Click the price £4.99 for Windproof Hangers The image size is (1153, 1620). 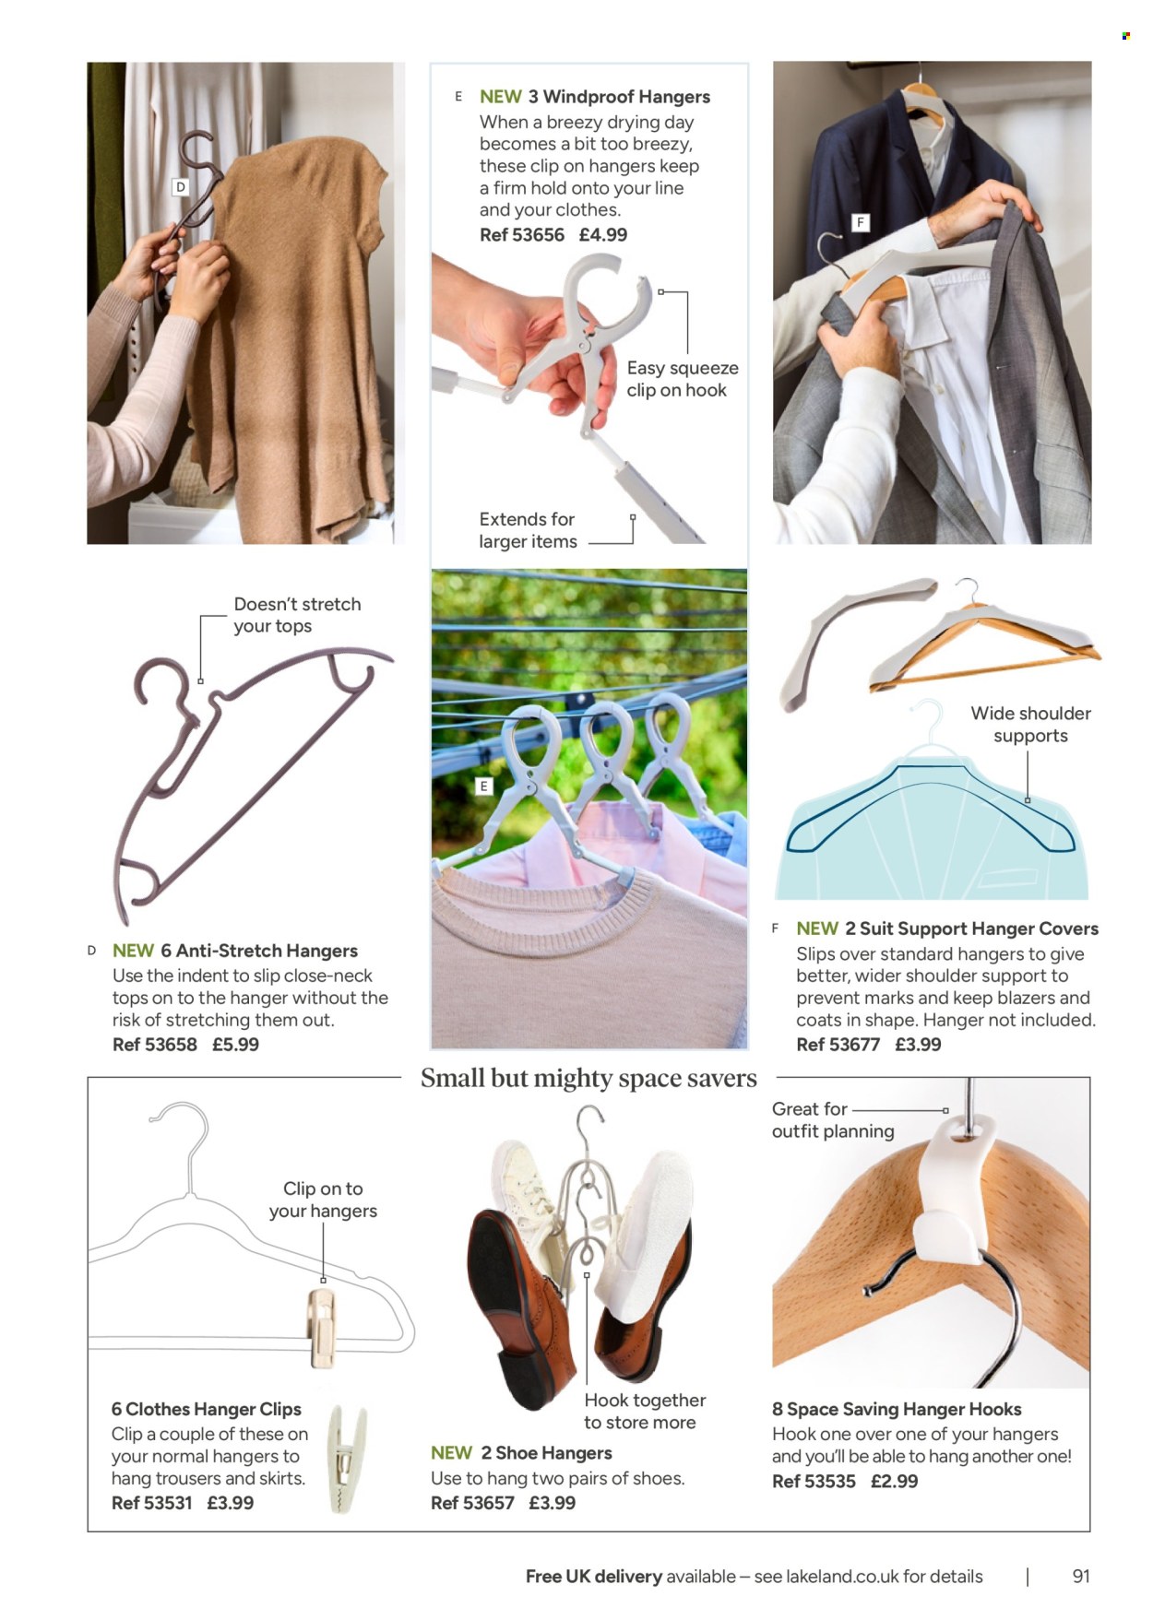(x=603, y=235)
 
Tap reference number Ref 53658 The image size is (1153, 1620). (x=155, y=1045)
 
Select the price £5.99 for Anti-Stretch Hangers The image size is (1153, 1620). (x=235, y=1045)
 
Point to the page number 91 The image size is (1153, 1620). (x=1081, y=1576)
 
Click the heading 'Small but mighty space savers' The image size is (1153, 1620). (x=588, y=1078)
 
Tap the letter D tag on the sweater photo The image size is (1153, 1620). (x=181, y=187)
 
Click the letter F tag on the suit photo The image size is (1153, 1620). (x=861, y=222)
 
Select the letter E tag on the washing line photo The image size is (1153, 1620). (x=484, y=786)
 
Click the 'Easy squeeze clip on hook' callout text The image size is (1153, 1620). (x=683, y=379)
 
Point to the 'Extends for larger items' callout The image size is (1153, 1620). (x=528, y=530)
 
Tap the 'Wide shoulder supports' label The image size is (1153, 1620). (x=1030, y=725)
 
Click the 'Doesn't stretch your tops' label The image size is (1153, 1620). (x=297, y=615)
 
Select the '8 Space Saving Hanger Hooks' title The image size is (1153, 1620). (x=897, y=1409)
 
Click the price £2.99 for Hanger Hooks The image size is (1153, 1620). (x=894, y=1481)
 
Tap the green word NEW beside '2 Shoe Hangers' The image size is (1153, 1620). (x=451, y=1453)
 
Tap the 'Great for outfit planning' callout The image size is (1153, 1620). (x=833, y=1120)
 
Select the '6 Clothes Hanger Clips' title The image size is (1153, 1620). (x=207, y=1409)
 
